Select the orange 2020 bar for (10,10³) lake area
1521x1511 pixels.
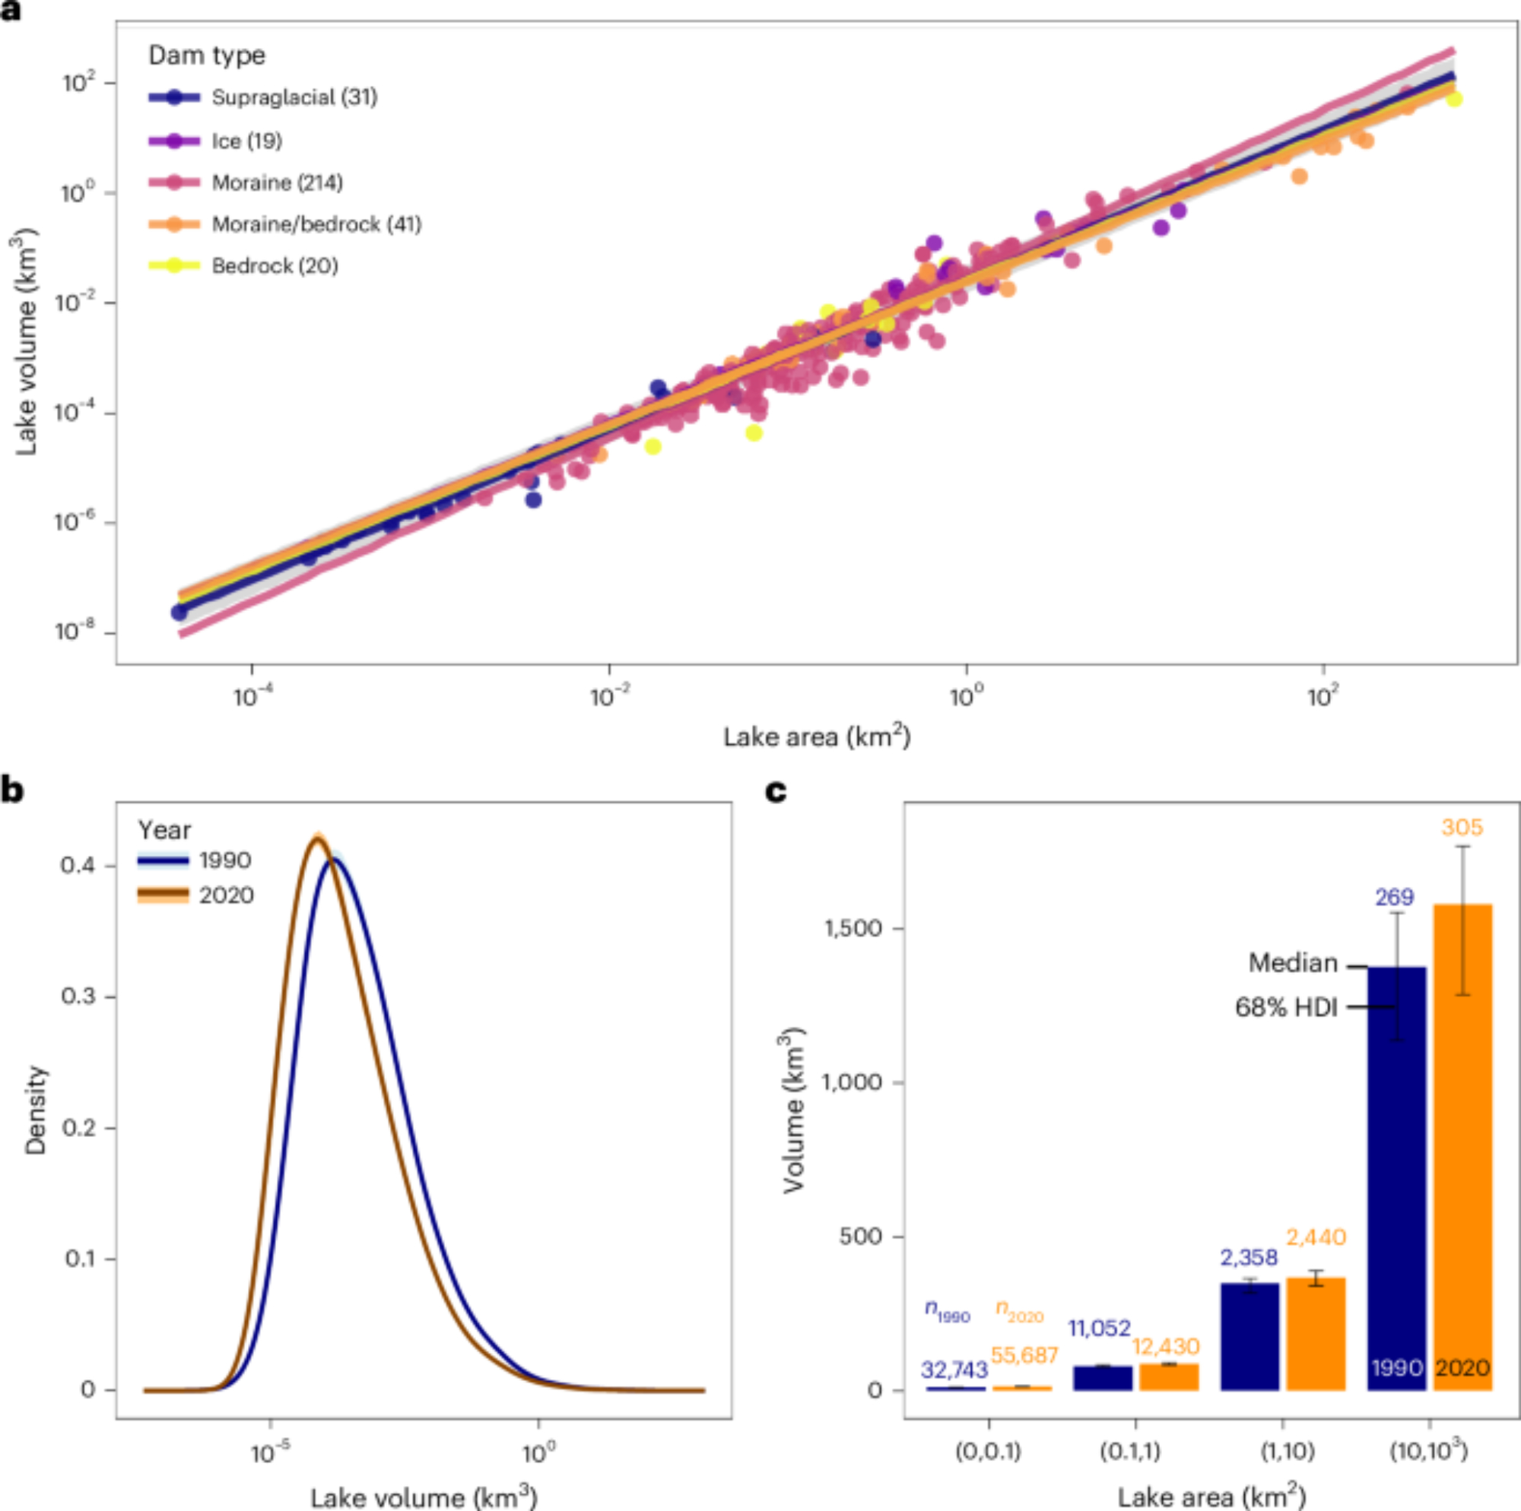(x=1462, y=1149)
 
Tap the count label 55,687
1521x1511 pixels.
(x=1024, y=1355)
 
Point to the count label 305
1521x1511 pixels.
(x=1462, y=827)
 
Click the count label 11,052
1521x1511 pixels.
(x=1099, y=1329)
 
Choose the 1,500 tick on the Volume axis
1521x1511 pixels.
(x=853, y=929)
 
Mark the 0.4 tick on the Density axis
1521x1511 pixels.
(x=79, y=866)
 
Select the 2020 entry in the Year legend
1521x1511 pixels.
(x=225, y=895)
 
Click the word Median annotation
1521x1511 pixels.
(x=1293, y=963)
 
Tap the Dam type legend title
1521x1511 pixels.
(x=206, y=55)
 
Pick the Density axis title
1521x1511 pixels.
(x=37, y=1110)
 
